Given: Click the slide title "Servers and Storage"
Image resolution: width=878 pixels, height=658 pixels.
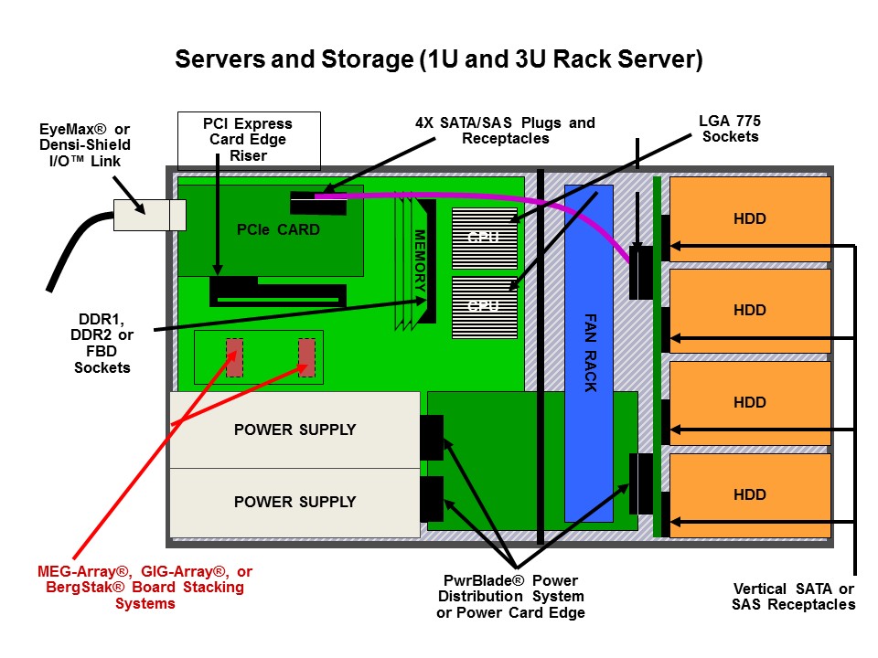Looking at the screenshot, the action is [x=294, y=59].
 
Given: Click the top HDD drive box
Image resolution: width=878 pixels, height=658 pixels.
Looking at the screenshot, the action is [x=750, y=218].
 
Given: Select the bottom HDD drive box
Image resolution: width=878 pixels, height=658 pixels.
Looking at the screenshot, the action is [x=750, y=495].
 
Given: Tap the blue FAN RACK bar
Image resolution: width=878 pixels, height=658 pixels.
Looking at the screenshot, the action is [x=588, y=353].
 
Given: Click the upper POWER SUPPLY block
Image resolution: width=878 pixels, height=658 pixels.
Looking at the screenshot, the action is [x=295, y=430].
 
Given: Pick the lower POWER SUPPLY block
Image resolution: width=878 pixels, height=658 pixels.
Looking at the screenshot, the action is [x=295, y=503].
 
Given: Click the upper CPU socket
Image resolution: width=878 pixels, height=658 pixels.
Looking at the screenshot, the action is [x=485, y=239].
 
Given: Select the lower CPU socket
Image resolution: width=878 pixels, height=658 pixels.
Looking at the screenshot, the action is [x=485, y=307].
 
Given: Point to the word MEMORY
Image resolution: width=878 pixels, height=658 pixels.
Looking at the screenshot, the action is [x=420, y=260].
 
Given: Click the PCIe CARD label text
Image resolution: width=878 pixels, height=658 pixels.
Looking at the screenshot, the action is [x=278, y=229].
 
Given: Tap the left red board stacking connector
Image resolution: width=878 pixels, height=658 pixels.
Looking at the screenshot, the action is [x=234, y=357].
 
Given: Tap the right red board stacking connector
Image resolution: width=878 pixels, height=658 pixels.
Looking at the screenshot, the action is [x=307, y=357].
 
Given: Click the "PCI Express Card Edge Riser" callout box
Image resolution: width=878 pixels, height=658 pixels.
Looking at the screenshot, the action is [x=249, y=141].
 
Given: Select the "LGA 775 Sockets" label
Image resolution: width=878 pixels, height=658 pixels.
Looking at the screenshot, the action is [x=730, y=129].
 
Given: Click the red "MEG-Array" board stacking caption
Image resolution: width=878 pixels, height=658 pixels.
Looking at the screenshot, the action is [x=145, y=587].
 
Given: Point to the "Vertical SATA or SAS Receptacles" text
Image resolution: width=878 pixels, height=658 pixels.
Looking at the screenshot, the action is [x=794, y=597].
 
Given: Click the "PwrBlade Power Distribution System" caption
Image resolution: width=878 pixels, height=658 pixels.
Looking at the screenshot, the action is [x=510, y=597].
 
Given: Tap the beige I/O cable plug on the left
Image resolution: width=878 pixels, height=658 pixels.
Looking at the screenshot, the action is [x=149, y=215].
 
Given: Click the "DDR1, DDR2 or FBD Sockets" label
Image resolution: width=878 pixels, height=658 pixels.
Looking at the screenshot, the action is [x=102, y=343].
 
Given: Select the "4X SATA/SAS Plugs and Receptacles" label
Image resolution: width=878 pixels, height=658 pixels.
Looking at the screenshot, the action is [x=505, y=131].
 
